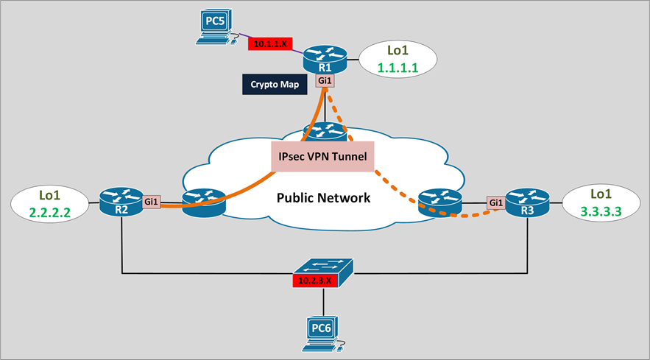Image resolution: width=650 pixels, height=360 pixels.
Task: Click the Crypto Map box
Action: [275, 84]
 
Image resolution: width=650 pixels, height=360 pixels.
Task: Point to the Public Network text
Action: [323, 197]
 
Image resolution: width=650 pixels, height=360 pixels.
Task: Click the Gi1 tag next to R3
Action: [495, 202]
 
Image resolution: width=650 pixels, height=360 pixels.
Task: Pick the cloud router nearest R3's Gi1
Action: [440, 201]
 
